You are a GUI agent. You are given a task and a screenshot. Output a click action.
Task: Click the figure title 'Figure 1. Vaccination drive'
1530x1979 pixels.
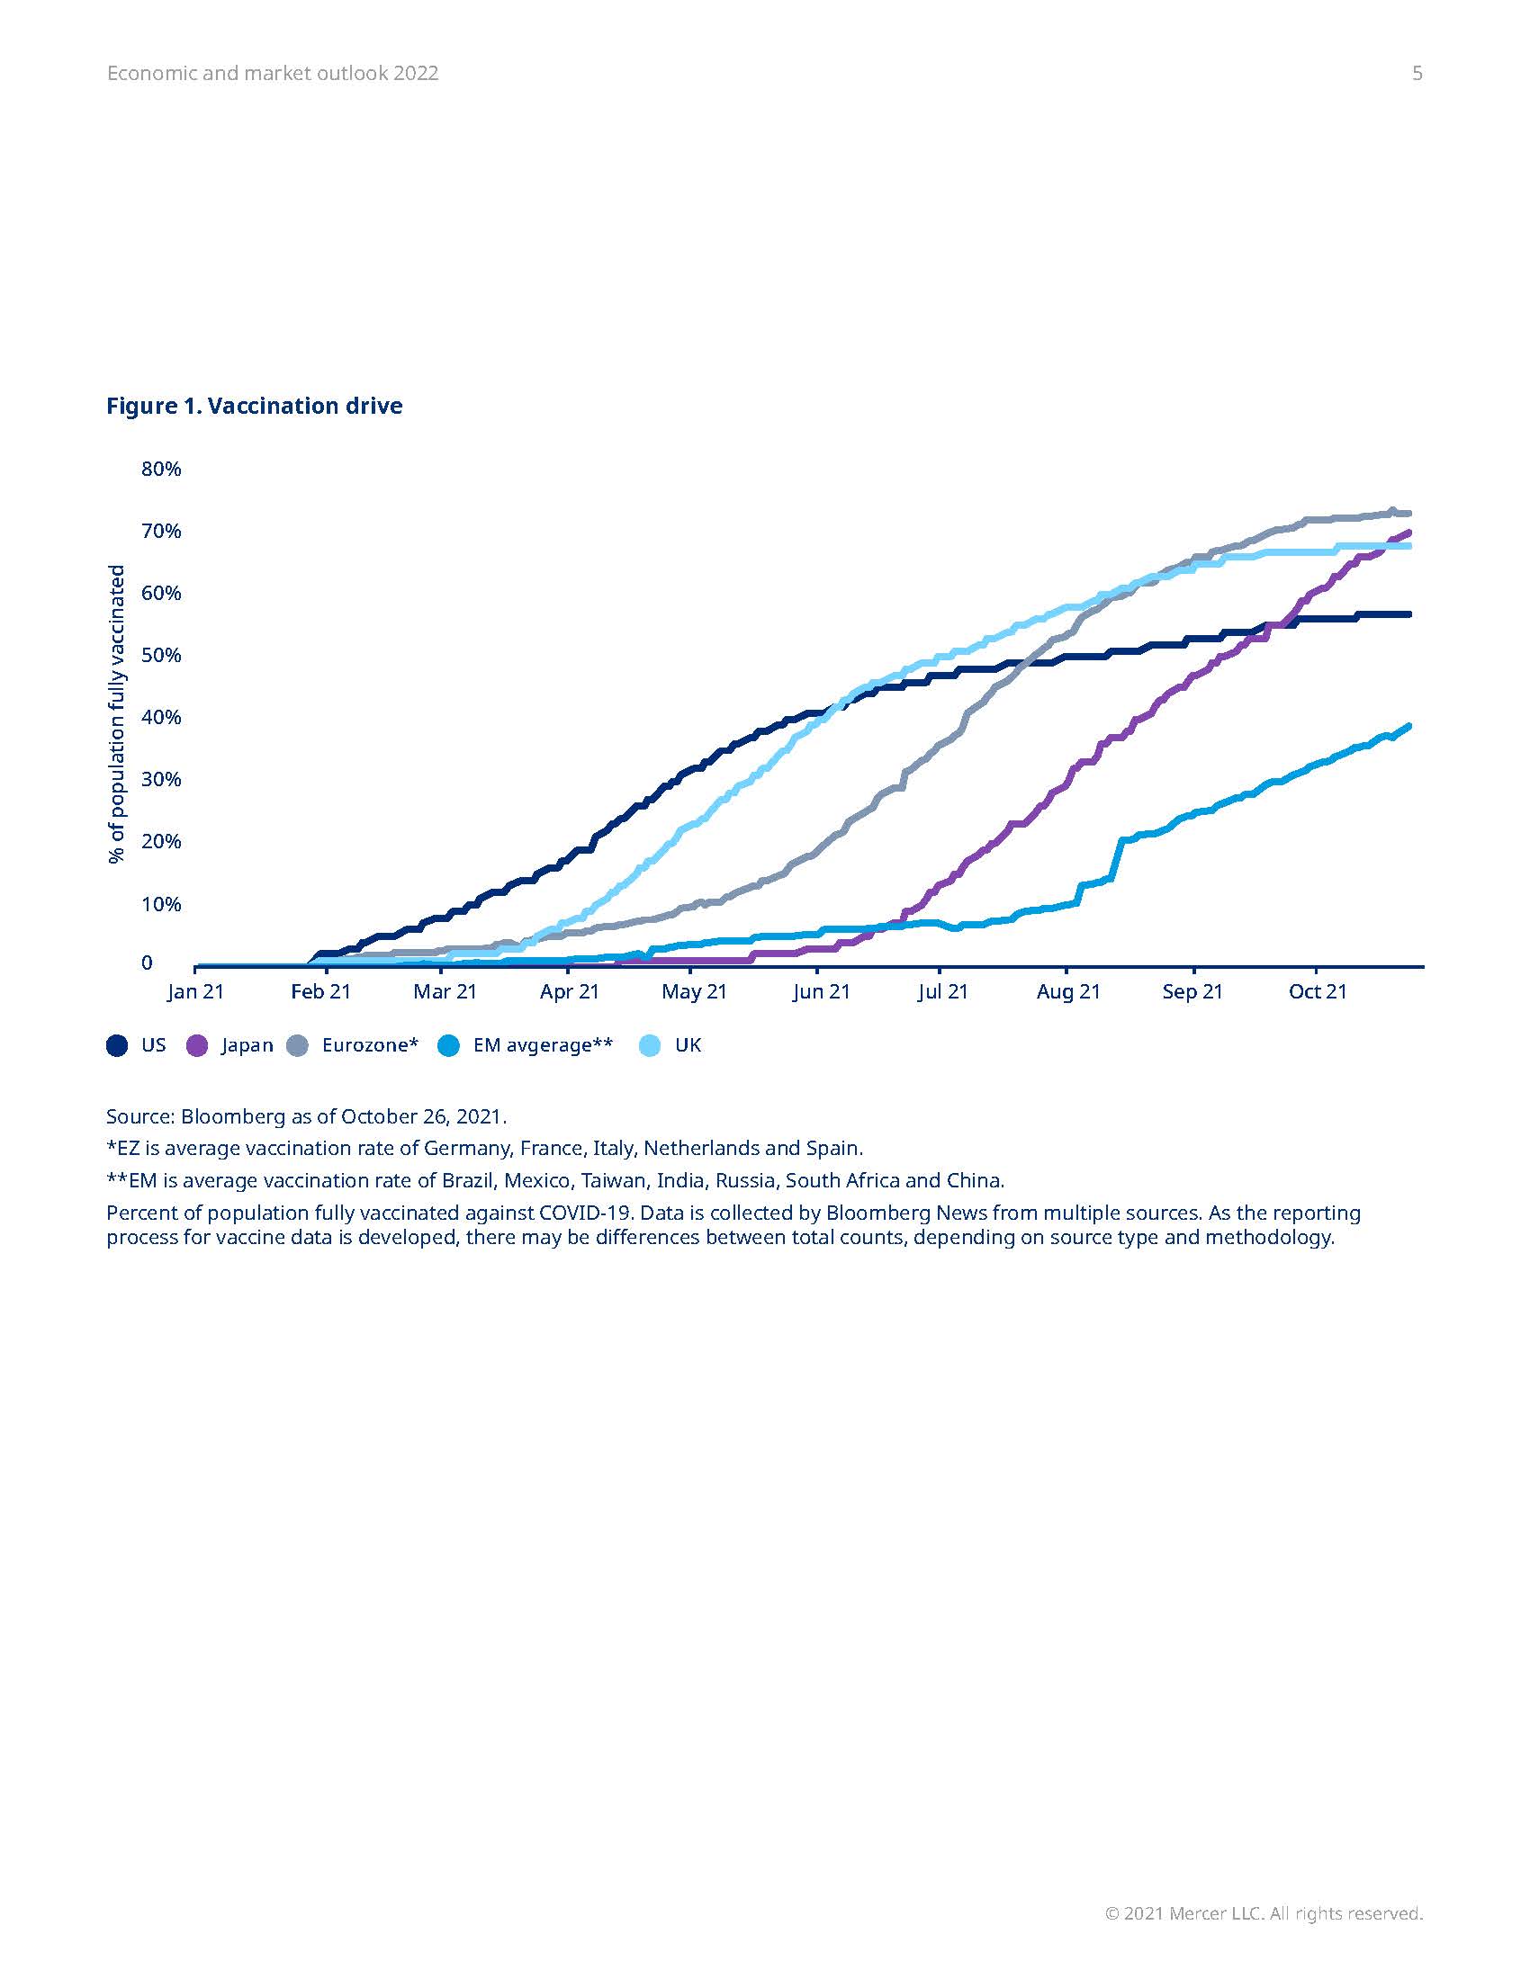click(254, 406)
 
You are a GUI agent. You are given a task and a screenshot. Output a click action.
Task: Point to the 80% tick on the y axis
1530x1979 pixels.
click(161, 470)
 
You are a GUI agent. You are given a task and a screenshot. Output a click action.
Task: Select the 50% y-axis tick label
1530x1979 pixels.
click(161, 655)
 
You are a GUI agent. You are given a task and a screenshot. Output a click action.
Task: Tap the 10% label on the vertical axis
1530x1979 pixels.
click(161, 904)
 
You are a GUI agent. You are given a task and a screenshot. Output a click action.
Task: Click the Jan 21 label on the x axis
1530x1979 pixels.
click(196, 991)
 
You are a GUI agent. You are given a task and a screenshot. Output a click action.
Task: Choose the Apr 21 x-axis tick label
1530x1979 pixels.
click(569, 991)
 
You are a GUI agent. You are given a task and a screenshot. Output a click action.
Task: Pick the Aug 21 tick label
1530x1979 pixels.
click(1067, 991)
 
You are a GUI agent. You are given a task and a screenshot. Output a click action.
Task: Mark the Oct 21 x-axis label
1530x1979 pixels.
click(1317, 991)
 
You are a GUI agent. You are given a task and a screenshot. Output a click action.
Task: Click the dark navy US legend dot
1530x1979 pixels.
click(117, 1045)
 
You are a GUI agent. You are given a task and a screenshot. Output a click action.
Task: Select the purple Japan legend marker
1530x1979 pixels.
click(197, 1045)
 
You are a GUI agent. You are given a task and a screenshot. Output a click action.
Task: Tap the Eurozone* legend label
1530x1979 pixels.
click(370, 1045)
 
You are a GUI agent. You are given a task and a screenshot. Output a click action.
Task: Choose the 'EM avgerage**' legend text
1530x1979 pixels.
click(543, 1045)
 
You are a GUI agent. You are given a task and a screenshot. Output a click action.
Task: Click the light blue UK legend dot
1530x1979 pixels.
click(650, 1045)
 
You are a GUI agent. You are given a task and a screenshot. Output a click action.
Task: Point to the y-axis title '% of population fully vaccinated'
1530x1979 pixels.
click(117, 714)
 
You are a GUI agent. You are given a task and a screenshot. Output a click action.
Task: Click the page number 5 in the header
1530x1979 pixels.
click(1417, 74)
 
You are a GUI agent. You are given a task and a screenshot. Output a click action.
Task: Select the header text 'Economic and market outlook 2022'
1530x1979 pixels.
click(273, 74)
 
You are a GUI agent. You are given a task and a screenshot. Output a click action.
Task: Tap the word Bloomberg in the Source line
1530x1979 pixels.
click(233, 1116)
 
